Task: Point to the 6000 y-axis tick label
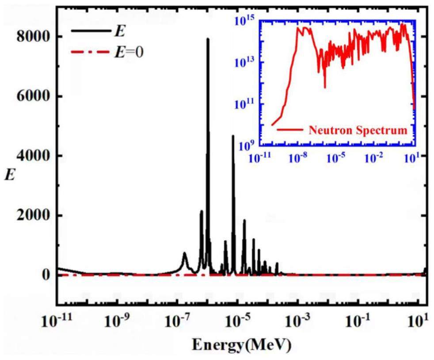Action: point(31,96)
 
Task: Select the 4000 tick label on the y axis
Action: point(31,156)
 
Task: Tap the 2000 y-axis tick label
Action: point(31,215)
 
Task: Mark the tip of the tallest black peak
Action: point(207,39)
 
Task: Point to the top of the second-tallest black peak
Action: point(233,136)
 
